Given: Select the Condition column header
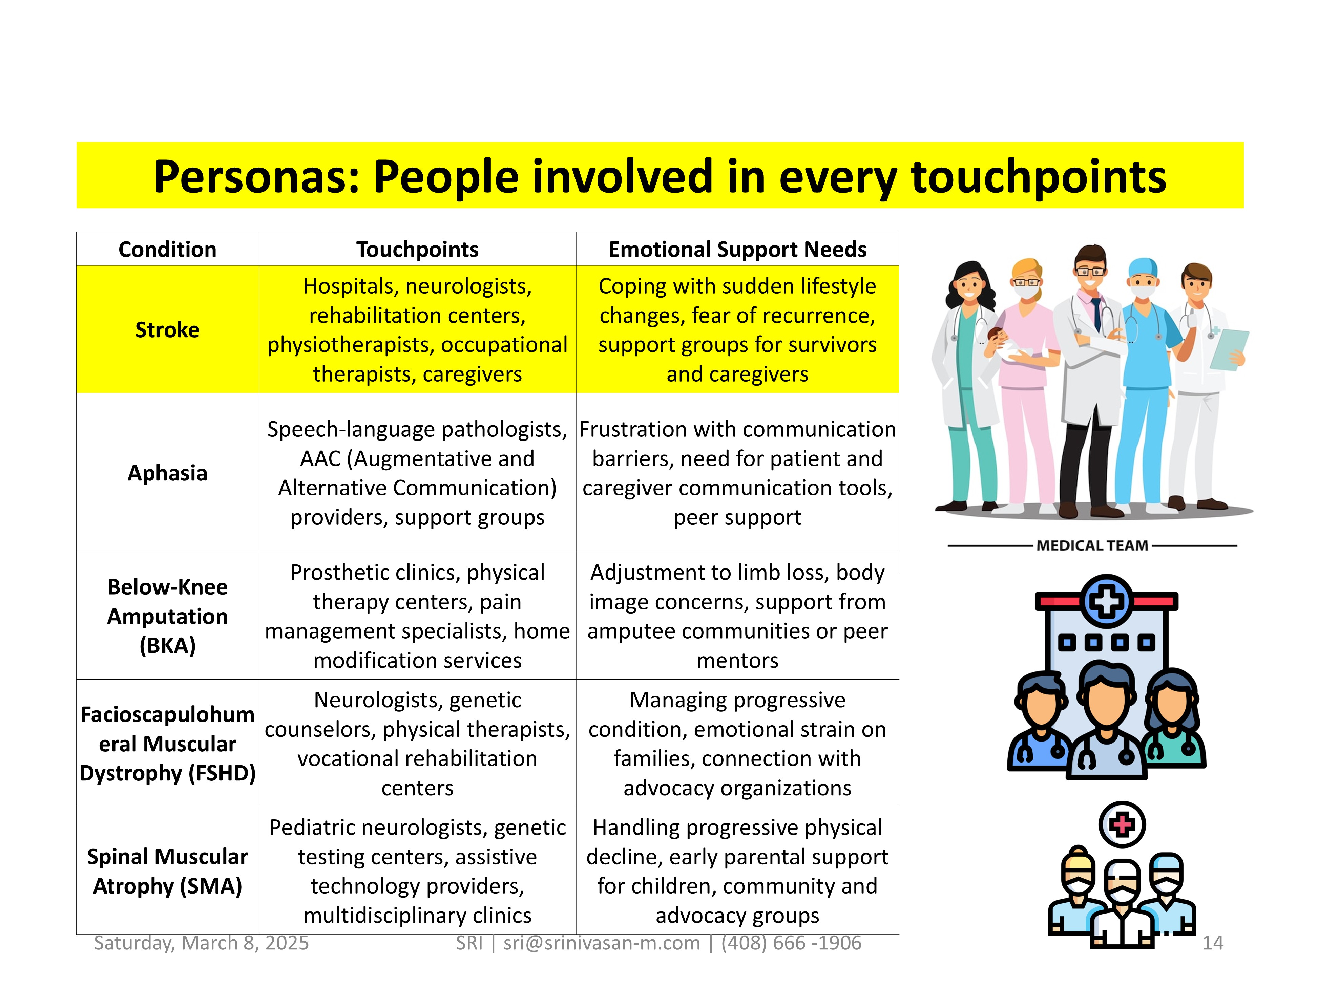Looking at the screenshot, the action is [167, 249].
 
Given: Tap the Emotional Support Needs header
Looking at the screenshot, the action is [737, 249].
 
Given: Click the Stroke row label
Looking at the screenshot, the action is [167, 329].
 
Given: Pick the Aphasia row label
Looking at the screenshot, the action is [167, 473].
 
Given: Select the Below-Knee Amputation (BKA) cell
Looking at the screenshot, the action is [167, 616].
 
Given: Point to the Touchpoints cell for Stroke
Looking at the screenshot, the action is [417, 329].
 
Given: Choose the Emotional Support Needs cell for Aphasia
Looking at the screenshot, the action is [737, 473].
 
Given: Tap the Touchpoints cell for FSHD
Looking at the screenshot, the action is [417, 743].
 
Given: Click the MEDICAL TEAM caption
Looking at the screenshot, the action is [1092, 545].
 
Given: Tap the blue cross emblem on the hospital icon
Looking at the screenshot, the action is [1107, 601].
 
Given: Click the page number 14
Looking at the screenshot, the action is [1213, 943].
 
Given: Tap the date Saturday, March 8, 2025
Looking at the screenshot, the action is [202, 943].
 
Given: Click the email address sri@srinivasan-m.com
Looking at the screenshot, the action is [602, 943].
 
